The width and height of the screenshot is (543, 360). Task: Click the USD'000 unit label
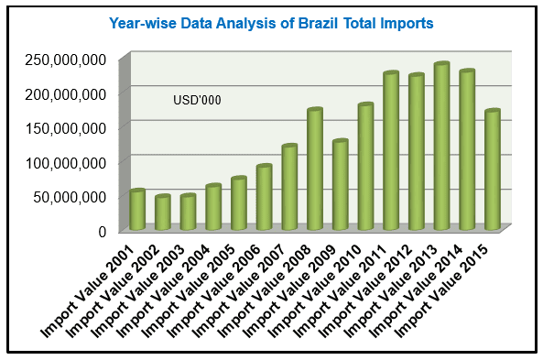[197, 100]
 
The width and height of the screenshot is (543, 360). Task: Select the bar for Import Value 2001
[137, 211]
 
